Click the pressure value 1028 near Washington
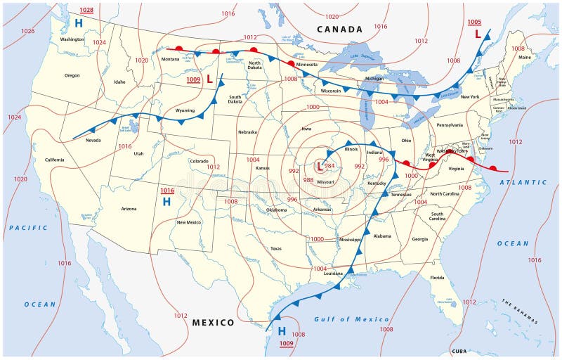(86, 10)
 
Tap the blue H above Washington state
(79, 23)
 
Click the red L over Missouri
(320, 167)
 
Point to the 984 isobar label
(329, 166)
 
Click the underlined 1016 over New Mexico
(166, 191)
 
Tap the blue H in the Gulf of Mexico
(281, 330)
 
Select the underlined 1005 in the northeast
(475, 22)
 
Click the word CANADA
(339, 30)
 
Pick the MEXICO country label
(213, 322)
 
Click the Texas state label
(275, 249)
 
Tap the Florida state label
(438, 278)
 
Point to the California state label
(55, 160)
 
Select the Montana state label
(171, 59)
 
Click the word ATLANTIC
(522, 182)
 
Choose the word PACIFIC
(29, 228)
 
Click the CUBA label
(459, 350)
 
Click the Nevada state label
(93, 140)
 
